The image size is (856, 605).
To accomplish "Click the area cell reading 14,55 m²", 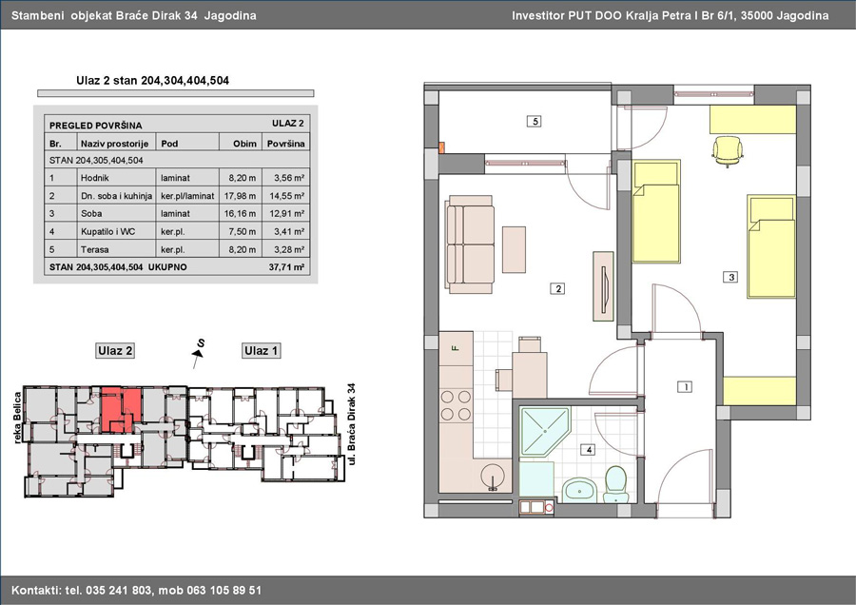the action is (286, 195).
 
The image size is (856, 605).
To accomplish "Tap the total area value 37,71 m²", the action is (286, 267).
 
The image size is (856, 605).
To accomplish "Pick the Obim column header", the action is (244, 144).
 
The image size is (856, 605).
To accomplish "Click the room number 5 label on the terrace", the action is (535, 121).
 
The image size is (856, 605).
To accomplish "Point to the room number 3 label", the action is (731, 278).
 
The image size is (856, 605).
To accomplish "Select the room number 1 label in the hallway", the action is (685, 386).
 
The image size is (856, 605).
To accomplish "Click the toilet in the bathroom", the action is (617, 484).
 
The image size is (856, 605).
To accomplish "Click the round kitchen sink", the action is (494, 478).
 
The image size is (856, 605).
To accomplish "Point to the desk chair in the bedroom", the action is (728, 150).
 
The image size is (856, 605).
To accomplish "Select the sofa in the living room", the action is (470, 245).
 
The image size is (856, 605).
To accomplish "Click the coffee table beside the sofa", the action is (515, 249).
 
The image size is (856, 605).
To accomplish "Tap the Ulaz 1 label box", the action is (261, 351).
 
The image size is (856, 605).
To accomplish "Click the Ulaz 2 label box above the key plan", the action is (115, 351).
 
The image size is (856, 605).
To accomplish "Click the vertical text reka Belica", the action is (17, 418).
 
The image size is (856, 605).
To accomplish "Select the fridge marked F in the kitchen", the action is (456, 348).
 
